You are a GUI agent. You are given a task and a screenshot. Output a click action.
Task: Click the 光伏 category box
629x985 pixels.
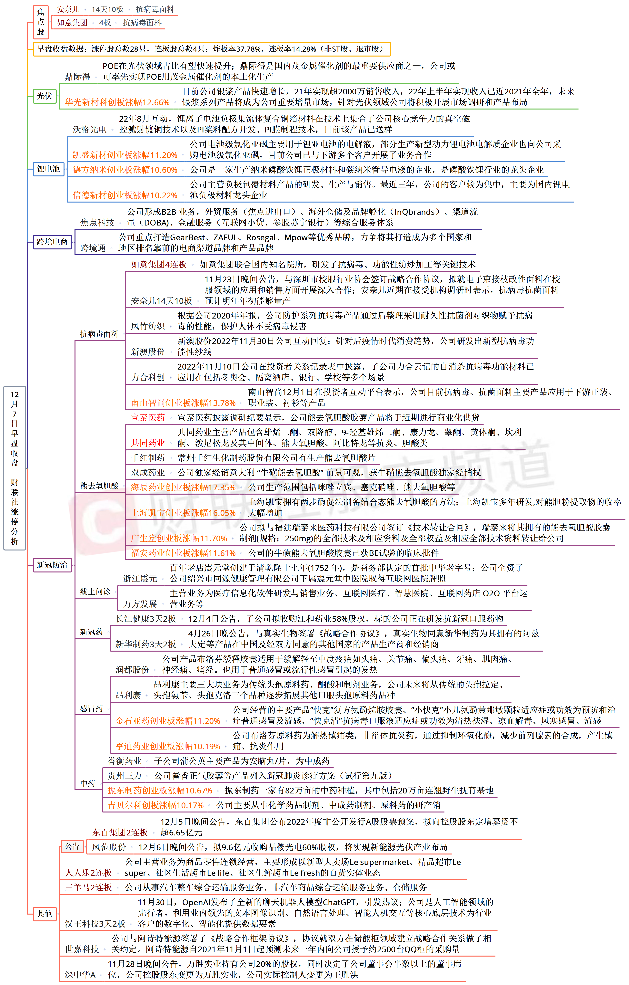(45, 96)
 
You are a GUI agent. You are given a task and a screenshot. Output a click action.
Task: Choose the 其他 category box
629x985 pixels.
(45, 913)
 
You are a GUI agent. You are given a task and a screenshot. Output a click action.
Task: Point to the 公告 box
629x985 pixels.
(72, 846)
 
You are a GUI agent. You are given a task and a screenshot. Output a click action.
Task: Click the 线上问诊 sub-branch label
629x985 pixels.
(95, 592)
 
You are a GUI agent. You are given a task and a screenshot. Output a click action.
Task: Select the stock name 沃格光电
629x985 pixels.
(89, 130)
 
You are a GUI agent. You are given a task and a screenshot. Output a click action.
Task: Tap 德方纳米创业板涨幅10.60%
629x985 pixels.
(125, 170)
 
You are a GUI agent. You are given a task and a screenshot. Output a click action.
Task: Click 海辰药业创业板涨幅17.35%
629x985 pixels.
(183, 487)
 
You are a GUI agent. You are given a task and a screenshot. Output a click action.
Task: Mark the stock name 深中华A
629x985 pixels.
(80, 975)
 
